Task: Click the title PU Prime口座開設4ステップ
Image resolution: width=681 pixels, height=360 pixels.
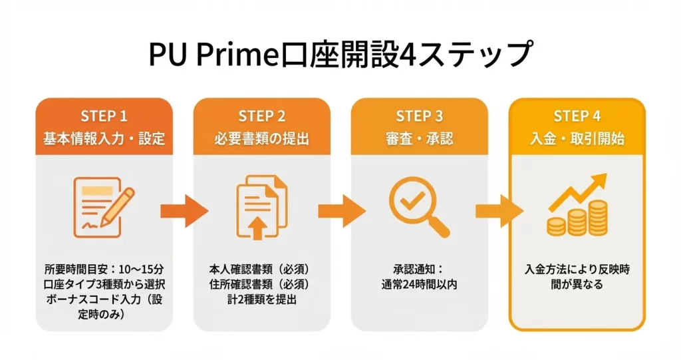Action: (x=340, y=54)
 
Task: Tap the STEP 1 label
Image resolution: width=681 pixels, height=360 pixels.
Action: (x=104, y=116)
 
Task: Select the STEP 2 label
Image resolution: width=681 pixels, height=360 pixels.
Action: (x=261, y=116)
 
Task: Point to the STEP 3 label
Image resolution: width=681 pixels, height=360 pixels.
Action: (x=419, y=116)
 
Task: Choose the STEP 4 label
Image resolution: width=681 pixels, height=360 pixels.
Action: (x=577, y=116)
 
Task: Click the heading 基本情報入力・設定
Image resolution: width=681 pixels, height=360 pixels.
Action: (x=104, y=139)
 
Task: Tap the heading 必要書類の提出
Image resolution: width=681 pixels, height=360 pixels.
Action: (x=261, y=139)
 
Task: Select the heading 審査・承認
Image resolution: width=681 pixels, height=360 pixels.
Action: (x=419, y=139)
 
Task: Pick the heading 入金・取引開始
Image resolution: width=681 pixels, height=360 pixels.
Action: (x=577, y=139)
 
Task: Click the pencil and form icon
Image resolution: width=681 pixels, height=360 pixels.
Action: (x=104, y=207)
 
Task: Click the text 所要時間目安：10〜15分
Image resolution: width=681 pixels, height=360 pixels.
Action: (x=104, y=270)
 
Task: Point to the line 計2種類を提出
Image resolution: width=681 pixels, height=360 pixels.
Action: (x=261, y=299)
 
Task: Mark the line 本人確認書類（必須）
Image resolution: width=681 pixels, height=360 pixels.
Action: (x=261, y=270)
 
